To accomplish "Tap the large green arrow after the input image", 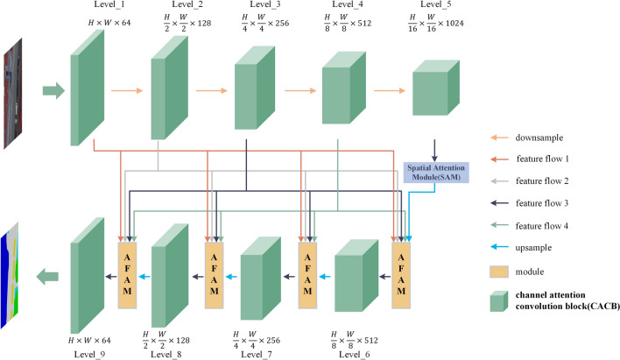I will (53, 88).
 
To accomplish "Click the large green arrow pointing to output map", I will (47, 277).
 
